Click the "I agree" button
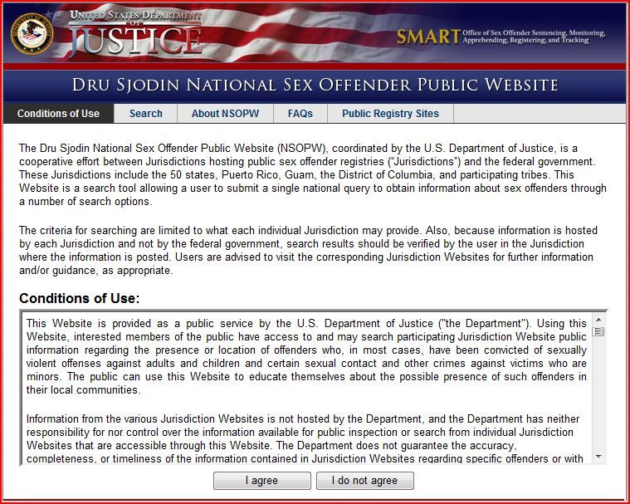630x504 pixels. pos(261,481)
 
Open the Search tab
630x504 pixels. pos(146,114)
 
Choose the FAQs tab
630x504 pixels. pos(300,114)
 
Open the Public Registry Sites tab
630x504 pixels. pos(390,114)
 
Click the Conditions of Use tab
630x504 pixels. pos(58,114)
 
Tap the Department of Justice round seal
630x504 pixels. pos(32,34)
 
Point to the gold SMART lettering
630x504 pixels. pos(427,37)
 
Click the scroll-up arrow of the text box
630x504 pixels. pos(598,320)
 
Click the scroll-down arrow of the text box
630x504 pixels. pos(598,457)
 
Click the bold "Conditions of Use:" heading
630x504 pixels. pos(80,298)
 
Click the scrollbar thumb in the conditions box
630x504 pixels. pos(598,332)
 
